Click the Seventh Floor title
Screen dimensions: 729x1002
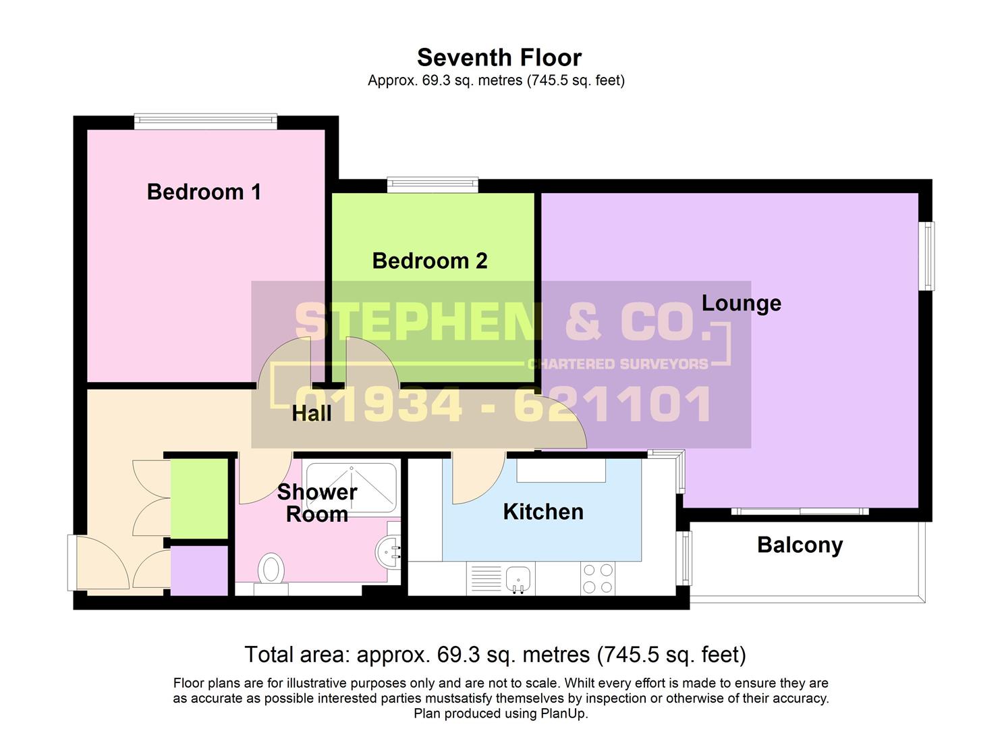(x=499, y=57)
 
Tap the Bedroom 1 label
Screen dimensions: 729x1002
(x=204, y=192)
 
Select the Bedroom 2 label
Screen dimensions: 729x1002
(x=430, y=261)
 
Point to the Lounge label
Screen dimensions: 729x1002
(x=741, y=303)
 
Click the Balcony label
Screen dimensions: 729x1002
(x=800, y=545)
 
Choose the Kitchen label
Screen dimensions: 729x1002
(x=543, y=512)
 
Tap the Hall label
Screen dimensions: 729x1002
(x=311, y=413)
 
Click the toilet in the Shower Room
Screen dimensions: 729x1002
(x=271, y=568)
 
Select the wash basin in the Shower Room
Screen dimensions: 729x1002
(x=389, y=551)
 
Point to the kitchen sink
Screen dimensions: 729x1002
(x=518, y=578)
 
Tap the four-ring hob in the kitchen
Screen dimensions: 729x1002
(x=597, y=578)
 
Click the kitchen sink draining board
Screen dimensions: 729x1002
(x=484, y=578)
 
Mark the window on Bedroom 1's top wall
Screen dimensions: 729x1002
(x=205, y=122)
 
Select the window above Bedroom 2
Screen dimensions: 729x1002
(x=432, y=184)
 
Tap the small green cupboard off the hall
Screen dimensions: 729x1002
(x=198, y=498)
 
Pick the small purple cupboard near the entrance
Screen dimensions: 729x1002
(x=198, y=570)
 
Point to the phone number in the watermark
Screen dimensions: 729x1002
(x=503, y=405)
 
